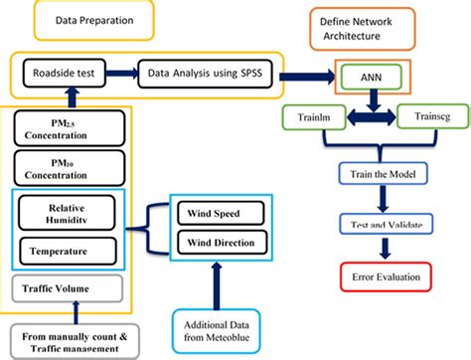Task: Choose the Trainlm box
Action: click(x=316, y=117)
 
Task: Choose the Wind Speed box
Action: click(x=219, y=213)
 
